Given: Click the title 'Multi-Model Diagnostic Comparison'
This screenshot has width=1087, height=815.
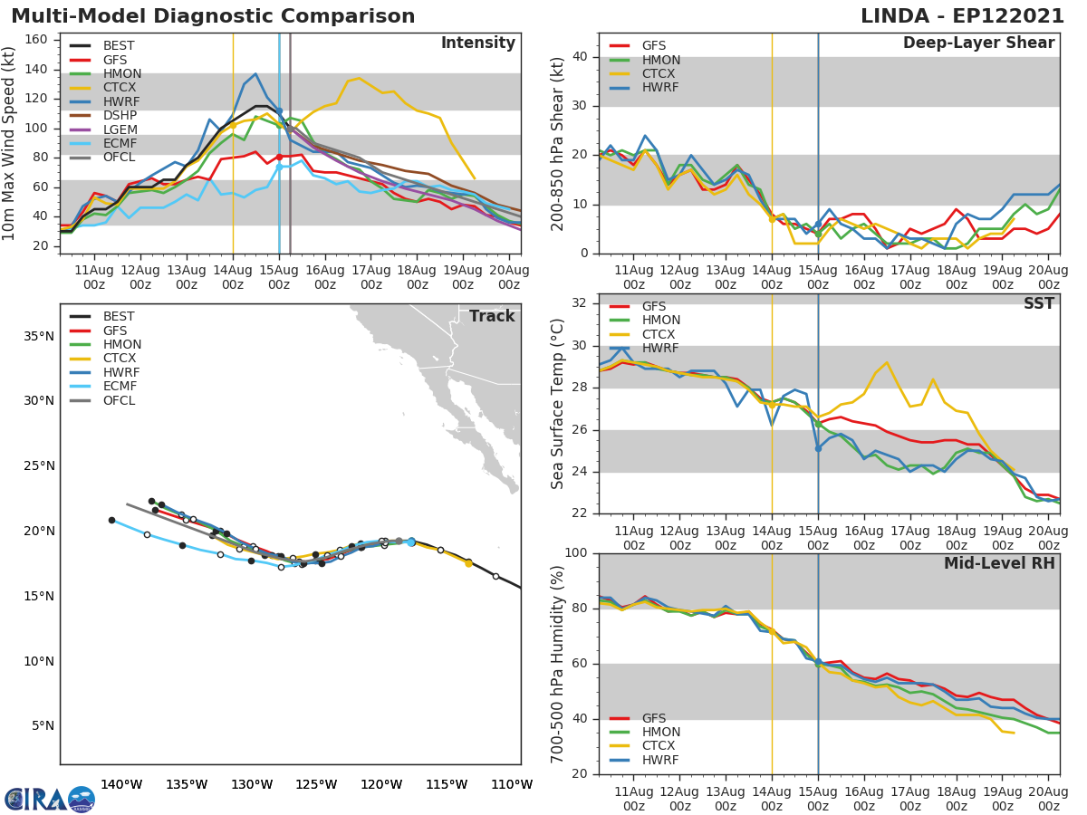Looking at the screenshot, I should (213, 16).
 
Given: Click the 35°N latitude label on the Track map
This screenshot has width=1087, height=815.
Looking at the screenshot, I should (38, 336).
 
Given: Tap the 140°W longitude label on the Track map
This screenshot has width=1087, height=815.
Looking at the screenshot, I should (121, 784).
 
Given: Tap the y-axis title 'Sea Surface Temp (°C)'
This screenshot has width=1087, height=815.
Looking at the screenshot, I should (558, 404).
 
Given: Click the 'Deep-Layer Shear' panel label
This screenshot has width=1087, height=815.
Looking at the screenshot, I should (978, 43).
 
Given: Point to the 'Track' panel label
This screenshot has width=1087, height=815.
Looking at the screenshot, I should (491, 316).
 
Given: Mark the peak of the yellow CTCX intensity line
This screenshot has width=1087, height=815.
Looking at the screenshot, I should (359, 78).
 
